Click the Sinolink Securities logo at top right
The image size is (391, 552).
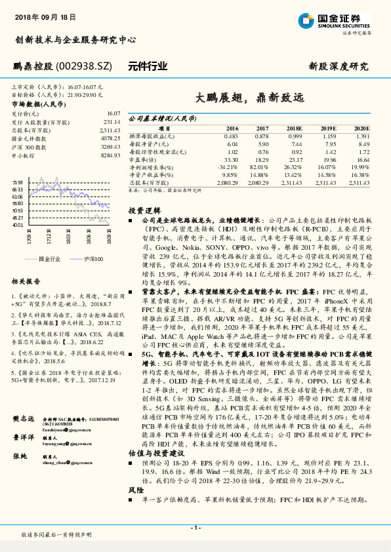click(334, 20)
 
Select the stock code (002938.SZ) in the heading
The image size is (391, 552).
click(97, 66)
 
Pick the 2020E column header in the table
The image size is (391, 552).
click(361, 128)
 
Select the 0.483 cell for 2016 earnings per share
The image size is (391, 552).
click(231, 135)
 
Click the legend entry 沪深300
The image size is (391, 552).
click(93, 260)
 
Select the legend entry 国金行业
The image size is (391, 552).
click(50, 260)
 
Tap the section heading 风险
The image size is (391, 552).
click(135, 489)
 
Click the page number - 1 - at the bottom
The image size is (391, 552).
click(195, 528)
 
